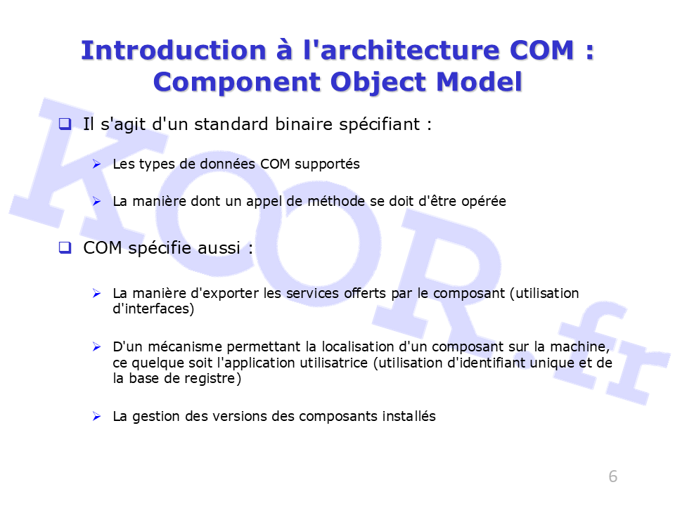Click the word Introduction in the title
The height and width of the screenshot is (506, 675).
point(174,51)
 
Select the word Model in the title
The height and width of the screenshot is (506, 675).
point(479,82)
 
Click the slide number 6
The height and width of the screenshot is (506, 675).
point(613,476)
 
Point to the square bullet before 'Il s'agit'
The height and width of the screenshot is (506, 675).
point(65,124)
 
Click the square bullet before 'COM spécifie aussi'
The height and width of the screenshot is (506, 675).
point(65,247)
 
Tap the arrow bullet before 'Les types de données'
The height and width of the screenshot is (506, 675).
point(96,164)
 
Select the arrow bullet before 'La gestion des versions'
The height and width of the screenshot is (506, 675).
point(96,416)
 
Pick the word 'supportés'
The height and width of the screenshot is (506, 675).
point(327,164)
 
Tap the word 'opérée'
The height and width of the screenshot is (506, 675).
point(484,202)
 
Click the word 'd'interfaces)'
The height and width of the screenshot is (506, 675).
point(153,309)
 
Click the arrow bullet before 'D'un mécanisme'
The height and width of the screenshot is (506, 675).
point(96,346)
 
